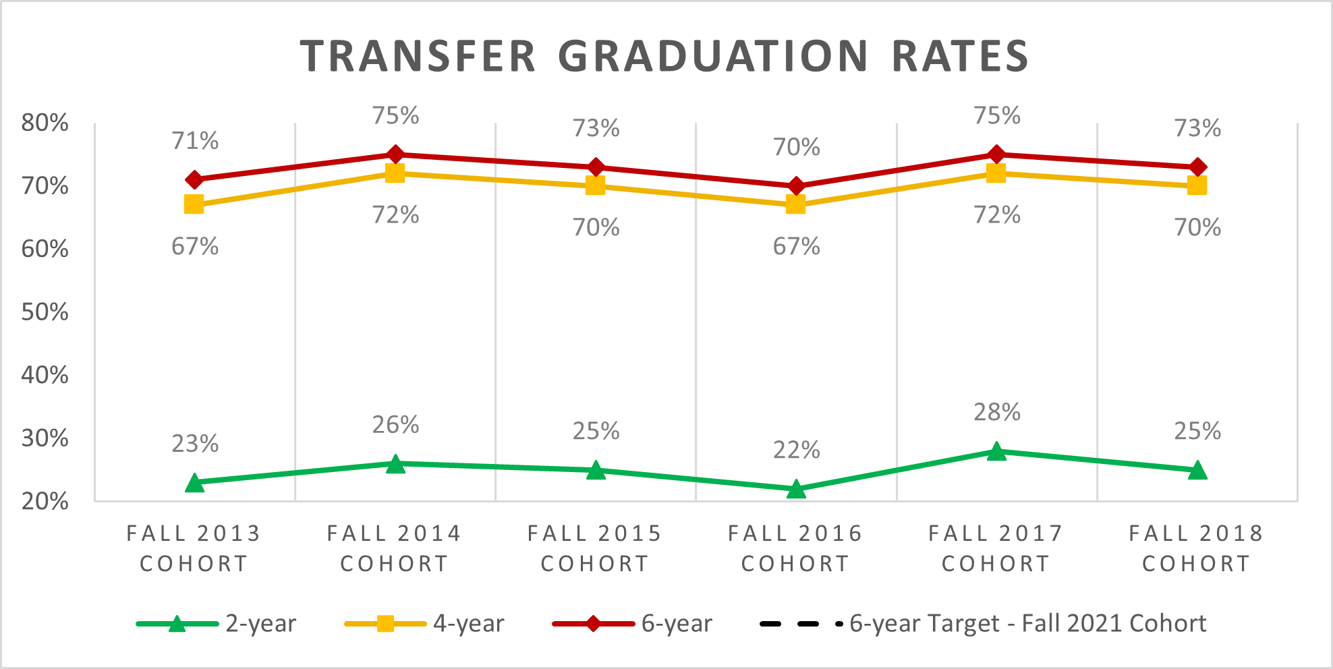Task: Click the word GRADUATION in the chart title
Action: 713,56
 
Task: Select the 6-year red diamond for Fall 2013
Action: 194,180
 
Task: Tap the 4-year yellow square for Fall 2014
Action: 395,173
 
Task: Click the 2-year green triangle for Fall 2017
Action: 996,451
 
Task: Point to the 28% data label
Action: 996,412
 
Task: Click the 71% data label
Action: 195,141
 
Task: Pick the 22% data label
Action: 796,450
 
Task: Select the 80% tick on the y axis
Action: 45,123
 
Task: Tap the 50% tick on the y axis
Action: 45,312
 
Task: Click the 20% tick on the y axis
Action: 45,502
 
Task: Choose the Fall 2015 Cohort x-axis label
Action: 595,548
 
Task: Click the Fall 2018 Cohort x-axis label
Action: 1196,548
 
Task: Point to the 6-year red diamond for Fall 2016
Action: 796,186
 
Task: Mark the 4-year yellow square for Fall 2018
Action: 1197,185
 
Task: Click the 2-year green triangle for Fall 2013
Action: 194,483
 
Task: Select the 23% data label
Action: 195,444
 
